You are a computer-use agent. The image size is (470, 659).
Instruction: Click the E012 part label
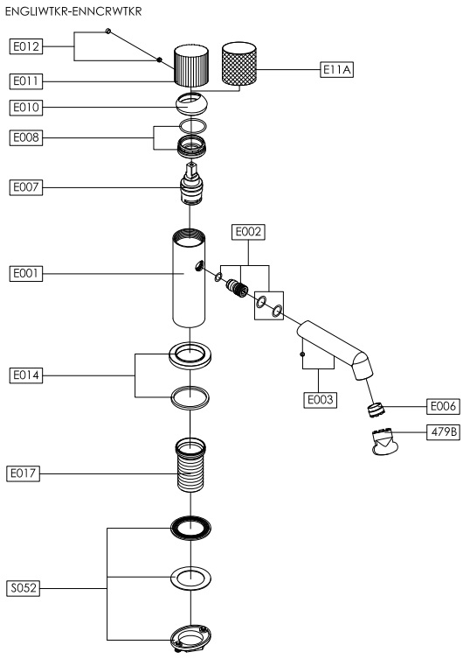[x=26, y=46]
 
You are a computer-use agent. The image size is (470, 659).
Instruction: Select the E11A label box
[x=336, y=69]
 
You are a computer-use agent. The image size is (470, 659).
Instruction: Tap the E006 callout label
[x=443, y=406]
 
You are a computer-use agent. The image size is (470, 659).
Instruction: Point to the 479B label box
[x=443, y=431]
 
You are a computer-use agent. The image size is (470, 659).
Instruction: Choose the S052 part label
[x=24, y=588]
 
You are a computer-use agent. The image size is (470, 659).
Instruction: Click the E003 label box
[x=321, y=399]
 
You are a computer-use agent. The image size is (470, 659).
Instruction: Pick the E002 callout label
[x=248, y=232]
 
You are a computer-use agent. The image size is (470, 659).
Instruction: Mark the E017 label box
[x=23, y=473]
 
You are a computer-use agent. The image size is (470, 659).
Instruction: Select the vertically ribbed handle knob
[x=191, y=65]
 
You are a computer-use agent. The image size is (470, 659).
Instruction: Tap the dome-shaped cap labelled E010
[x=191, y=104]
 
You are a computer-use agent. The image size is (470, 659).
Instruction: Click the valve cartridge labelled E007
[x=191, y=184]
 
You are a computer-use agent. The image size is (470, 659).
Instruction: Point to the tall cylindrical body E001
[x=190, y=278]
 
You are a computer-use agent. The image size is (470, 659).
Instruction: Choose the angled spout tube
[x=335, y=349]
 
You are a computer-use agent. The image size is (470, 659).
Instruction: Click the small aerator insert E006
[x=376, y=410]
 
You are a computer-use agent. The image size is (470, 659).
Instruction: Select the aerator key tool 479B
[x=384, y=441]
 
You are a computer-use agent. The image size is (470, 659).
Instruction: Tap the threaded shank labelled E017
[x=191, y=465]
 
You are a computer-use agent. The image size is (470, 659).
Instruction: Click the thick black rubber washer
[x=190, y=528]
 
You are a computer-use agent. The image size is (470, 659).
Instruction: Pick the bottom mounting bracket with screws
[x=190, y=639]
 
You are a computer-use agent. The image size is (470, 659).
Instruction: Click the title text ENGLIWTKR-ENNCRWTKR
[x=73, y=11]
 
